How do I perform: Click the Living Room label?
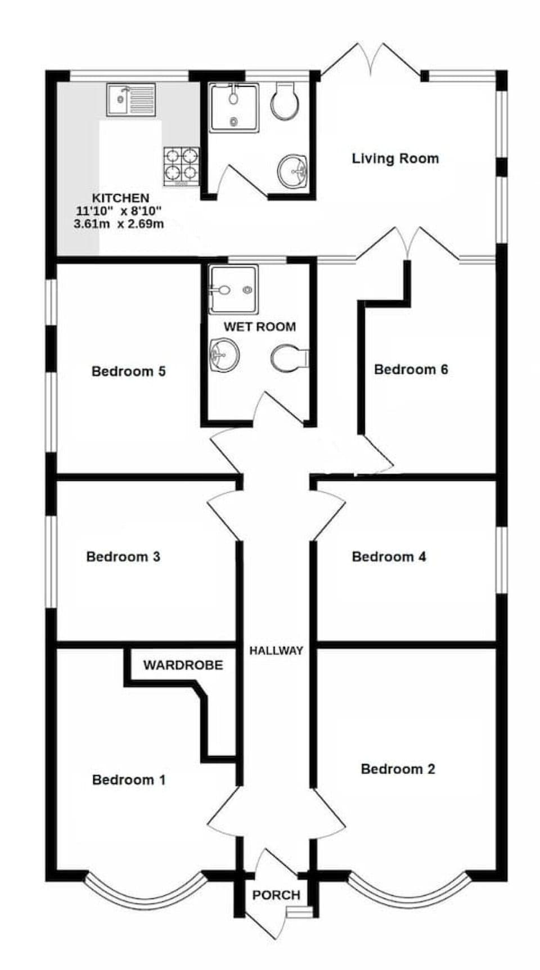[x=395, y=158]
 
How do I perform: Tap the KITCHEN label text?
[x=120, y=198]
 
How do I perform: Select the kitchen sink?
[x=132, y=99]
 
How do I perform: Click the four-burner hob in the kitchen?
[x=182, y=166]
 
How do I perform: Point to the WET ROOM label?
[x=259, y=327]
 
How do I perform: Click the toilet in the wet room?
[x=289, y=357]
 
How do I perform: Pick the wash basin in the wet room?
[x=224, y=355]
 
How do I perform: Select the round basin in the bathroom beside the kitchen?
[x=292, y=170]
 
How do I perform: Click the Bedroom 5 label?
[x=128, y=371]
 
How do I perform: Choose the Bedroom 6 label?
[x=411, y=369]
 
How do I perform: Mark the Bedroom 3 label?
[x=123, y=556]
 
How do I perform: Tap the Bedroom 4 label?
[x=389, y=556]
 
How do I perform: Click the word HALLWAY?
[x=276, y=650]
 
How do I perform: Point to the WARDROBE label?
[x=183, y=665]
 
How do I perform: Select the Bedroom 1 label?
[x=129, y=779]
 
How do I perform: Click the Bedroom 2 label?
[x=398, y=769]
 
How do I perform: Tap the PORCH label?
[x=276, y=895]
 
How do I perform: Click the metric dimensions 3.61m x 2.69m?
[x=119, y=224]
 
